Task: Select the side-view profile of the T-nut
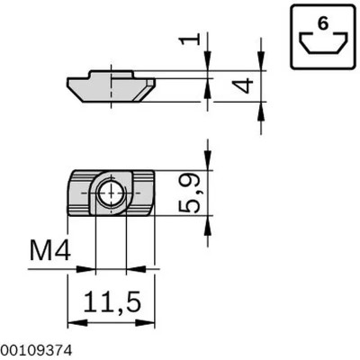pos(111,88)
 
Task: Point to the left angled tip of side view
pos(69,83)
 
